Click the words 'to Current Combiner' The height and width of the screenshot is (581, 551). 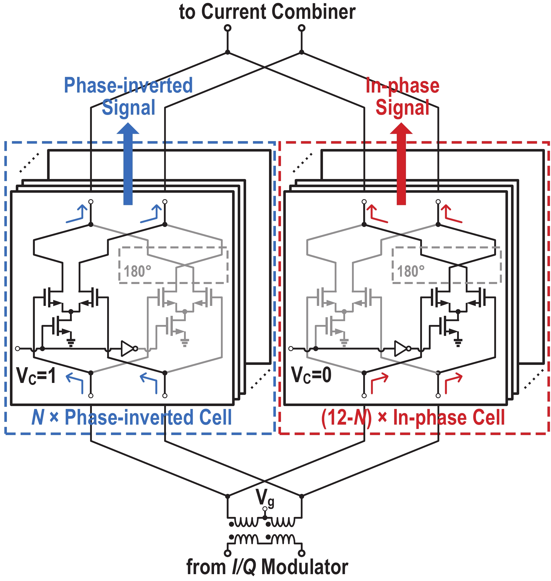267,12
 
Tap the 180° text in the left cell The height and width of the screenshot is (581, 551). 137,271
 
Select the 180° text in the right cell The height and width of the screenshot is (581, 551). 411,271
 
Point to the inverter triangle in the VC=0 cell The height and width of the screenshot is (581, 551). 401,349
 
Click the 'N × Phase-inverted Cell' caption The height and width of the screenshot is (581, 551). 132,417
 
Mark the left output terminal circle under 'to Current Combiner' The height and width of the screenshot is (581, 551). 227,28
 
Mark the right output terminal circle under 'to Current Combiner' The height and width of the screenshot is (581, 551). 301,28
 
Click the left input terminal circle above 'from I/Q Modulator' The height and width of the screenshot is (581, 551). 227,553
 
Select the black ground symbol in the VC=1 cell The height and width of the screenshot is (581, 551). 71,342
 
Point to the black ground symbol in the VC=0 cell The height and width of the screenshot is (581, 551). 458,342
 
